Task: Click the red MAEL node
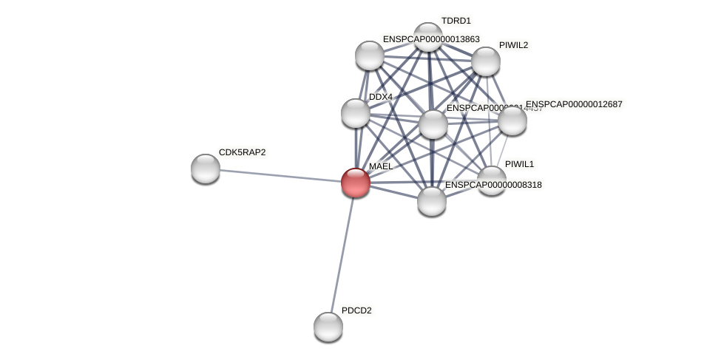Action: tap(356, 183)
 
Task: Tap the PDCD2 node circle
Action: tap(328, 327)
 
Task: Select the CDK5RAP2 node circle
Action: tap(206, 169)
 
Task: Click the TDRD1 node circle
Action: tap(428, 37)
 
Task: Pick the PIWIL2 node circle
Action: tap(486, 61)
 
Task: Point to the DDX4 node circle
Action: tap(356, 113)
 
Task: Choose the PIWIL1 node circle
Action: tap(492, 180)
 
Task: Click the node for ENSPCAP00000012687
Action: tap(512, 120)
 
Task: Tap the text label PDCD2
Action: tap(356, 310)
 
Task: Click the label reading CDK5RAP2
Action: tap(242, 152)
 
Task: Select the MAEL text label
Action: tap(381, 166)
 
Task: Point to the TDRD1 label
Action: tap(456, 21)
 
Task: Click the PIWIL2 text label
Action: tap(513, 45)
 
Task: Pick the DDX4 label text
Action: tap(381, 97)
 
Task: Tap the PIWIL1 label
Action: tap(519, 164)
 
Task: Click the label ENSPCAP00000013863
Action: tap(431, 39)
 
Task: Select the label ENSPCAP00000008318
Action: tap(493, 185)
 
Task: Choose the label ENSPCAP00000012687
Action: tap(574, 104)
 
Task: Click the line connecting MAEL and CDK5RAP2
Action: tap(281, 176)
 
